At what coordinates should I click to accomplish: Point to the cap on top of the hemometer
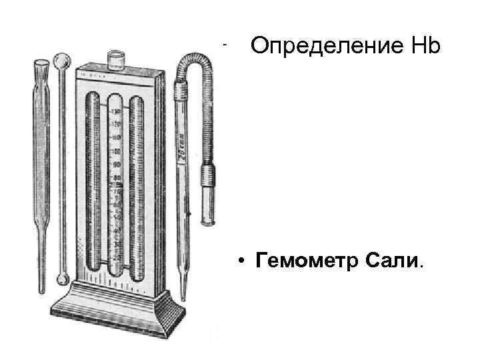pos(117,59)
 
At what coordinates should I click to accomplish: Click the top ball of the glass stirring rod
pos(62,61)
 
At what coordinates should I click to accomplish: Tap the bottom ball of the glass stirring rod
pos(63,277)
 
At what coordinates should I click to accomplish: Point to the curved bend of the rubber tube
pos(196,57)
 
